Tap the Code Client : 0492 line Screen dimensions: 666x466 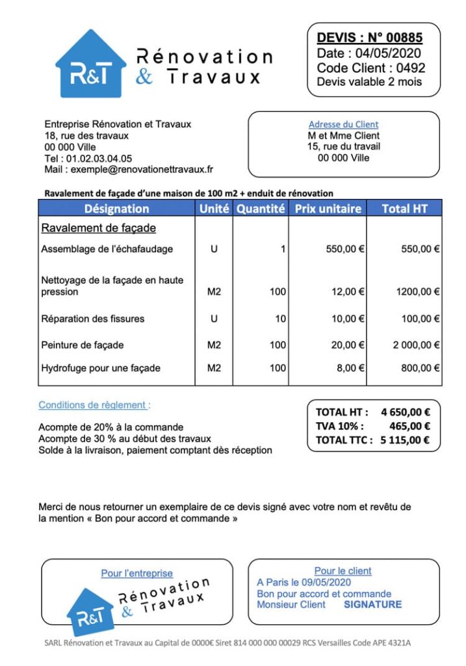[x=370, y=68]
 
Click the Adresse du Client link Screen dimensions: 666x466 [x=343, y=124]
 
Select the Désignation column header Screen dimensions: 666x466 [x=116, y=209]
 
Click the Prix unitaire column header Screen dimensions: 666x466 [x=328, y=209]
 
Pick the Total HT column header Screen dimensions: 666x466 [x=404, y=209]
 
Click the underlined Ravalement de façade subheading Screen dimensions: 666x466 [x=98, y=228]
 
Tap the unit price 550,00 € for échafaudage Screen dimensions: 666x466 [x=344, y=249]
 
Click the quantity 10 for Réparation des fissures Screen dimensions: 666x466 [x=279, y=319]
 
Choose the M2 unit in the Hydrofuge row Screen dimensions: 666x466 [x=214, y=368]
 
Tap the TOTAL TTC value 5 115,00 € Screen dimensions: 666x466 [x=404, y=440]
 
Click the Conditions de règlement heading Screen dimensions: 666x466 [x=94, y=405]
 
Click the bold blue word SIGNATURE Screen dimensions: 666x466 [x=372, y=604]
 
